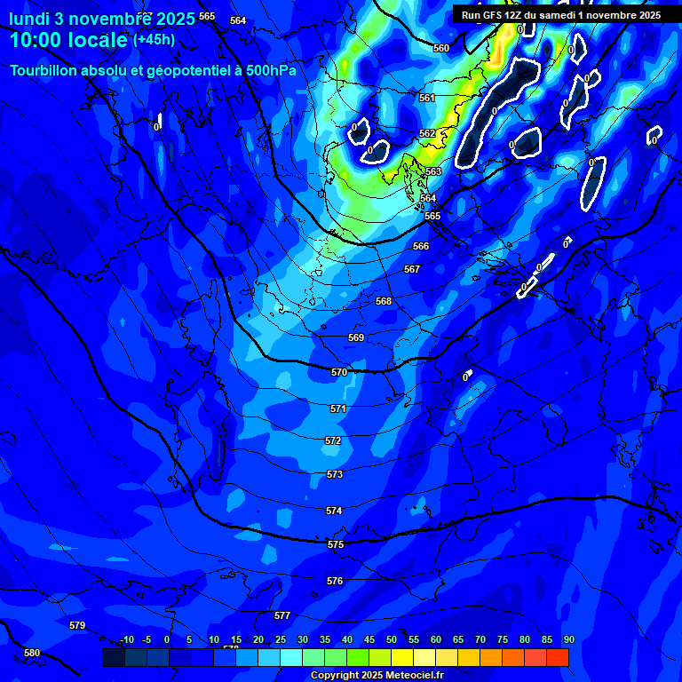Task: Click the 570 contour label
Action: pos(339,373)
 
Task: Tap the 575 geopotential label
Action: pos(336,544)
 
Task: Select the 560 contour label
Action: pos(441,49)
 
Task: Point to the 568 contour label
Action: pos(384,302)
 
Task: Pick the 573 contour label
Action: pos(335,475)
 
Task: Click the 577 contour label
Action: pos(282,615)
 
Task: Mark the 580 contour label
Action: pos(32,653)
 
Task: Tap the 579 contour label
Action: pos(77,626)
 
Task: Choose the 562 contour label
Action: pos(427,134)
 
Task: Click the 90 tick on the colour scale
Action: pos(568,640)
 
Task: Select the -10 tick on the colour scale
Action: pos(127,640)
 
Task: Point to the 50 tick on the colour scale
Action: pos(392,640)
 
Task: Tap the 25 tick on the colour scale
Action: pos(281,640)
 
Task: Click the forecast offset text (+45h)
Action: pos(154,40)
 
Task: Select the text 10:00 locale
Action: pos(68,40)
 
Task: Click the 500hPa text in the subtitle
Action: pos(270,70)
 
